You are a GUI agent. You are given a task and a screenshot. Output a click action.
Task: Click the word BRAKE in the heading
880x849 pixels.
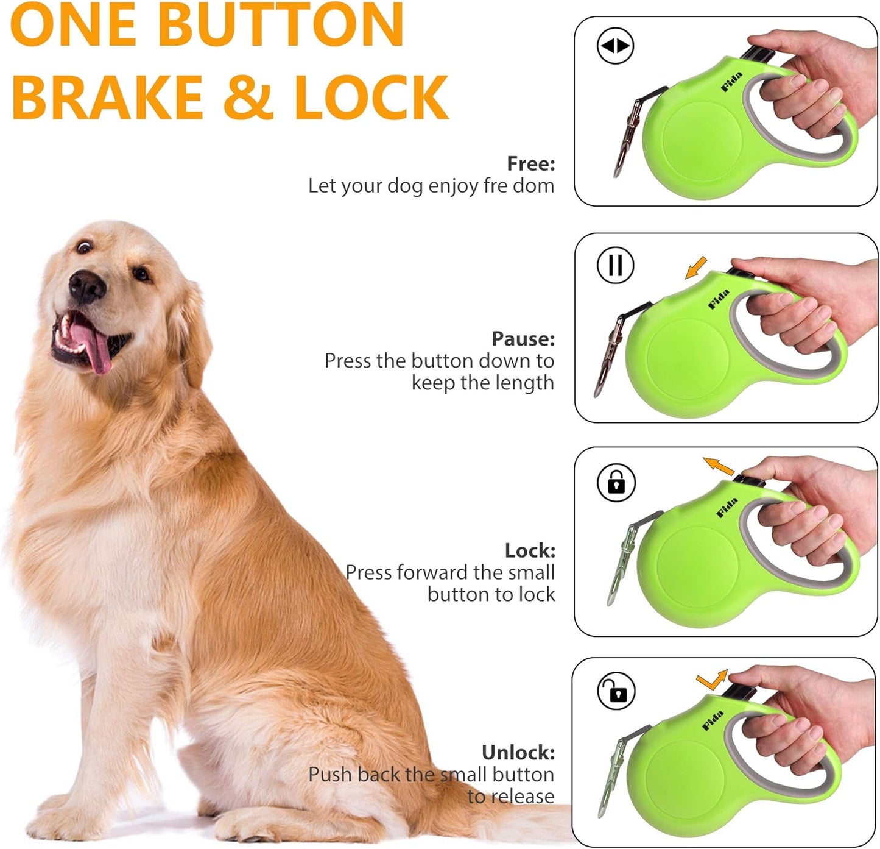tap(107, 98)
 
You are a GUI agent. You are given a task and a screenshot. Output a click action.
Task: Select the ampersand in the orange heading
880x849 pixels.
tap(248, 98)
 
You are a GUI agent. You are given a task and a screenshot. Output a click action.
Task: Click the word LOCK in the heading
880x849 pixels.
tap(371, 98)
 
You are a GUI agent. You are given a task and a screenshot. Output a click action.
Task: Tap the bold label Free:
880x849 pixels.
tap(530, 163)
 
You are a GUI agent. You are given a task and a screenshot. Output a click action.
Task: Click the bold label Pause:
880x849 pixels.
tap(523, 339)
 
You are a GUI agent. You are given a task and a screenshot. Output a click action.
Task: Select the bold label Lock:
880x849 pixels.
tap(530, 550)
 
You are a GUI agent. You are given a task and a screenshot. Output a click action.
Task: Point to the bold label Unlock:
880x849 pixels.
tap(518, 753)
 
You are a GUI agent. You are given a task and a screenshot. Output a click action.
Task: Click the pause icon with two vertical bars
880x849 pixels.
tap(615, 265)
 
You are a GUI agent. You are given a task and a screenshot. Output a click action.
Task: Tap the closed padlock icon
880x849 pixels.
tap(616, 483)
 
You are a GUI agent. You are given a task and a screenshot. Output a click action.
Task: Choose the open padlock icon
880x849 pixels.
tap(616, 691)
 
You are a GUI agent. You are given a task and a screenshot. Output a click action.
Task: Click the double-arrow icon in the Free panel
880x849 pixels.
tap(615, 46)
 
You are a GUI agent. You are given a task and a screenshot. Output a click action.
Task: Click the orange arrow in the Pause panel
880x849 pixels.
tap(695, 268)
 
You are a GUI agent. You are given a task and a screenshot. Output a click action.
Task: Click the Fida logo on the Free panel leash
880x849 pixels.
tap(731, 82)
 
